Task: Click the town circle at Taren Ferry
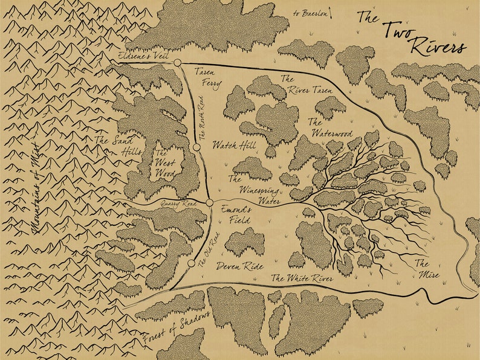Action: (177, 63)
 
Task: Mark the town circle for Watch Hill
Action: (196, 147)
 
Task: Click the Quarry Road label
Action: (177, 205)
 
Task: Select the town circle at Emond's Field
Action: (210, 203)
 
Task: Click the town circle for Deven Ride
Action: (191, 264)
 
